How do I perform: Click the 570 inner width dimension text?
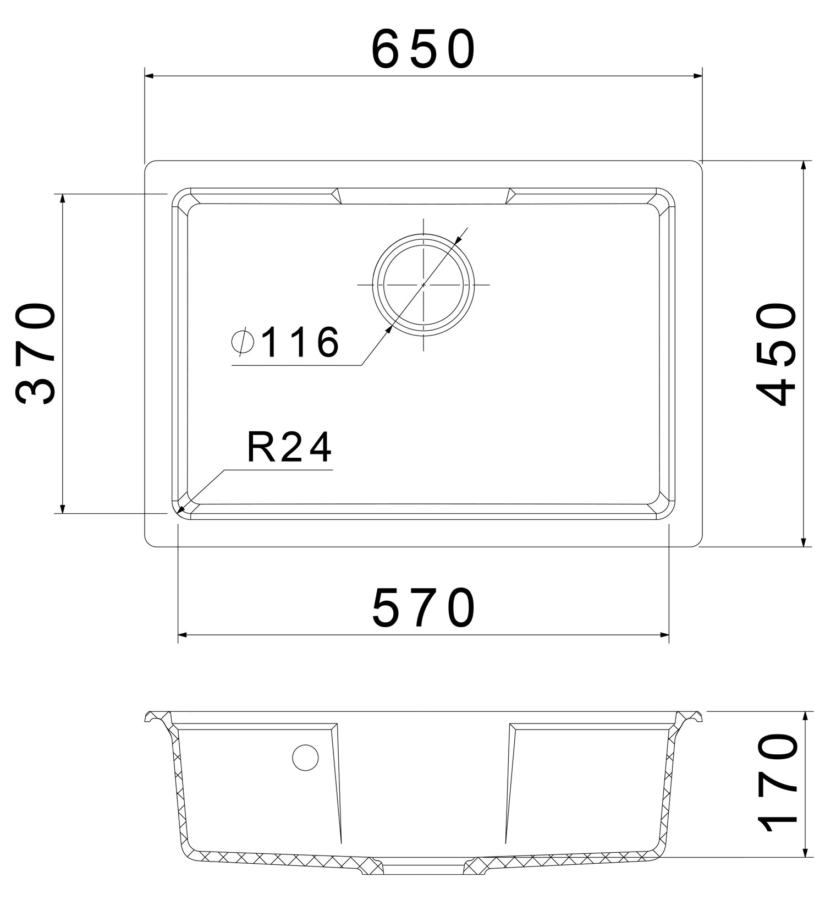click(x=424, y=608)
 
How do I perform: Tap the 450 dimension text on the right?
click(x=777, y=353)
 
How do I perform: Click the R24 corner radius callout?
click(x=289, y=448)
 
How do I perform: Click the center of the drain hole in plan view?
click(x=424, y=284)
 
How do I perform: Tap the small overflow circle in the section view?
click(x=305, y=758)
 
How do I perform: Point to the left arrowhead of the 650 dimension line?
click(x=148, y=76)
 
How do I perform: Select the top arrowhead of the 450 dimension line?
click(x=804, y=166)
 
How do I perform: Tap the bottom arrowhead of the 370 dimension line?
click(x=63, y=509)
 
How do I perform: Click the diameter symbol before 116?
click(x=242, y=342)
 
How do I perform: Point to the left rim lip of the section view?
click(x=157, y=717)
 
